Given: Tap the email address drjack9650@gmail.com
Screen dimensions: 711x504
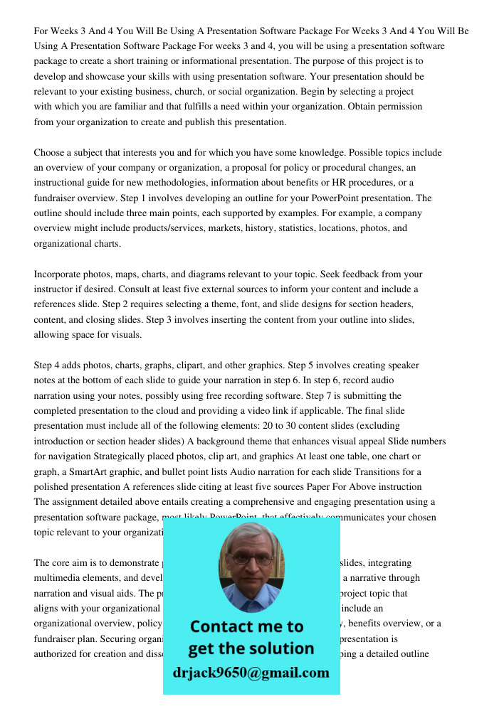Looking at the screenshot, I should [251, 673].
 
